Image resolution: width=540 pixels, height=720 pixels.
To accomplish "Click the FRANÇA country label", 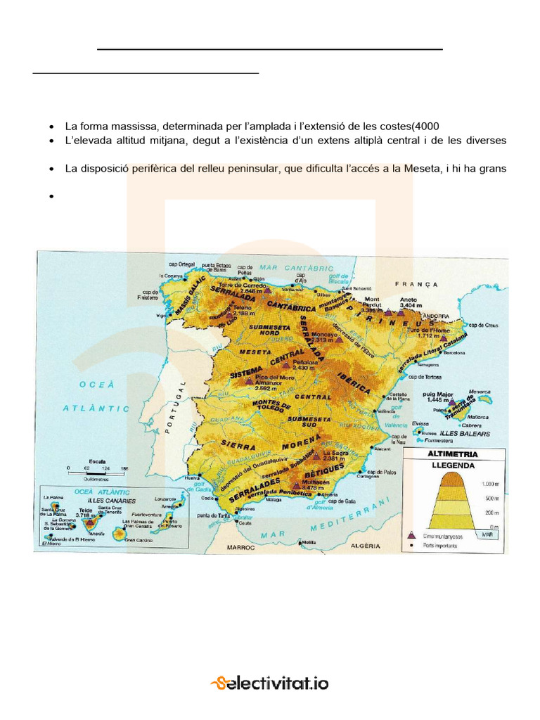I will (x=416, y=285).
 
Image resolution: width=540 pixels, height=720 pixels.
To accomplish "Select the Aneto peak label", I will (x=409, y=300).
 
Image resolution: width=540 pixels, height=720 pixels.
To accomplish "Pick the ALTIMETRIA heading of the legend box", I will (x=458, y=454).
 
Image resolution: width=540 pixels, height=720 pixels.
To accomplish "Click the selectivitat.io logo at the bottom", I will (x=270, y=682).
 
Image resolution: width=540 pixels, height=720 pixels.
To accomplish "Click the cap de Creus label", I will (x=483, y=325).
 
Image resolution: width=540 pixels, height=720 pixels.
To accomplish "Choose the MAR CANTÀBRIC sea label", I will (x=295, y=268).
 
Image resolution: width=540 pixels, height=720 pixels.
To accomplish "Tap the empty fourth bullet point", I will (x=52, y=197).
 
